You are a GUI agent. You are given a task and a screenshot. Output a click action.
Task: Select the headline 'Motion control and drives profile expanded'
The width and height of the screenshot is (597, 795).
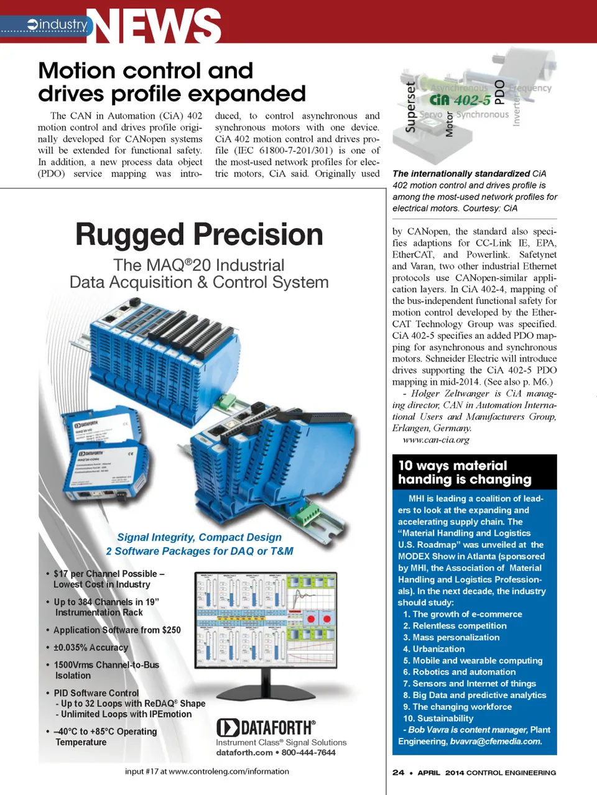(x=172, y=82)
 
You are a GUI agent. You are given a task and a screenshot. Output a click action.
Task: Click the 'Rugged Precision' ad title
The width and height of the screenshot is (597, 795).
(x=199, y=235)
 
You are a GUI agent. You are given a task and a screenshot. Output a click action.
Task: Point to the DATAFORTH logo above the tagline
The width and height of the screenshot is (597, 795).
(x=266, y=727)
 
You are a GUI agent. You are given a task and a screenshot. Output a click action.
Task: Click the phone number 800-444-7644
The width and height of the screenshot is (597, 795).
(x=308, y=753)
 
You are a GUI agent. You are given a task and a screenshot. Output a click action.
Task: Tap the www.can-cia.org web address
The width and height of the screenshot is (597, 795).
(x=436, y=440)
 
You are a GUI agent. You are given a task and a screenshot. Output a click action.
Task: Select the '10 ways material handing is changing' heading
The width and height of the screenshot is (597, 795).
(x=465, y=472)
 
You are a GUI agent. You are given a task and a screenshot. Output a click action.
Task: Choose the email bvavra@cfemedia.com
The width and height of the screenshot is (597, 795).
(x=496, y=742)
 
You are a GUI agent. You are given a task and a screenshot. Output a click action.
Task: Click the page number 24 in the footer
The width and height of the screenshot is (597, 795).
(x=398, y=773)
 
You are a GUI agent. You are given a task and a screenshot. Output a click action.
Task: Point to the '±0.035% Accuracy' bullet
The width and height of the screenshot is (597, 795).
(x=91, y=648)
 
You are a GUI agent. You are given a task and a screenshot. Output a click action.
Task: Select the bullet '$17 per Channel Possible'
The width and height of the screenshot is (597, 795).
(x=109, y=574)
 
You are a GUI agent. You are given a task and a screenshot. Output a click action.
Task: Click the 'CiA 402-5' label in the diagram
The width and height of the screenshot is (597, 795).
(x=460, y=100)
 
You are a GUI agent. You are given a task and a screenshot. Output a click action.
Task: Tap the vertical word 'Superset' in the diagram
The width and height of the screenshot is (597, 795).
(x=410, y=108)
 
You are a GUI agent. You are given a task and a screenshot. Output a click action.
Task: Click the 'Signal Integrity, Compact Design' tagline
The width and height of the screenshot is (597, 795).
(x=199, y=537)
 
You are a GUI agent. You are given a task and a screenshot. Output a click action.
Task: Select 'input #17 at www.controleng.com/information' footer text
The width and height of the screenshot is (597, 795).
(x=207, y=771)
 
